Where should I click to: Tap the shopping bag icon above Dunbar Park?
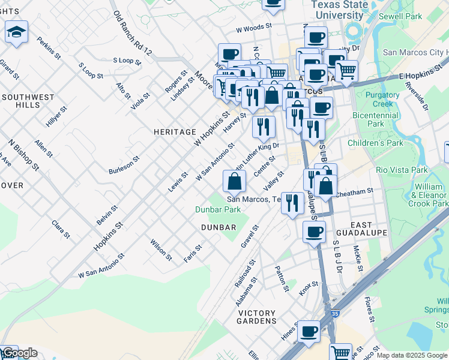[x=234, y=180]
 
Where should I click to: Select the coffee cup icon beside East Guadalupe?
[x=313, y=232]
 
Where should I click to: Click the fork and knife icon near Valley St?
[x=292, y=202]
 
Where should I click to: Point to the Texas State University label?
[x=339, y=9]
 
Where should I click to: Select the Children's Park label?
[x=376, y=143]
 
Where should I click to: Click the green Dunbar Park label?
[x=217, y=209]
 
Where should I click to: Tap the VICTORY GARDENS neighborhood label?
[x=257, y=317]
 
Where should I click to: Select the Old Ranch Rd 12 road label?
[x=132, y=34]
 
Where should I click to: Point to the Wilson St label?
[x=161, y=250]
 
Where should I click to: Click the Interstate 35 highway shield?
[x=331, y=314]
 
